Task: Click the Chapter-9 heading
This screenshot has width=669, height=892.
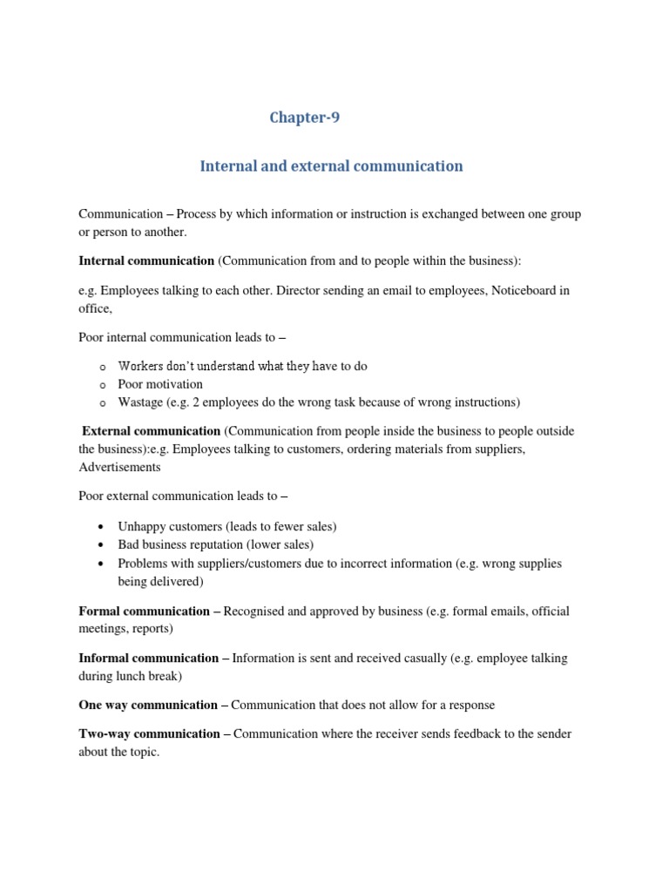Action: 304,118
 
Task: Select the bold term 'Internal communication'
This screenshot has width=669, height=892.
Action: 146,260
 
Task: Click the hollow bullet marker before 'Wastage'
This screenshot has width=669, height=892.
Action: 102,403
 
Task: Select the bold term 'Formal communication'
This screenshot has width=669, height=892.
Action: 144,611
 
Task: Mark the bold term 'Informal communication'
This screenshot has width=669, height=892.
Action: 148,658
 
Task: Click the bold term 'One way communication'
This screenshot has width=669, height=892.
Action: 148,705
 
